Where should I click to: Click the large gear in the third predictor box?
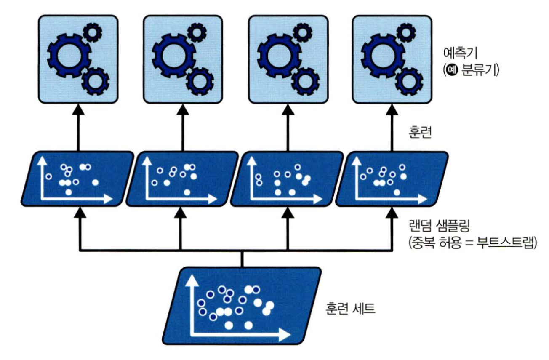click(276, 53)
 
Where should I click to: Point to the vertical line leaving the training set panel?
click(242, 259)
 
